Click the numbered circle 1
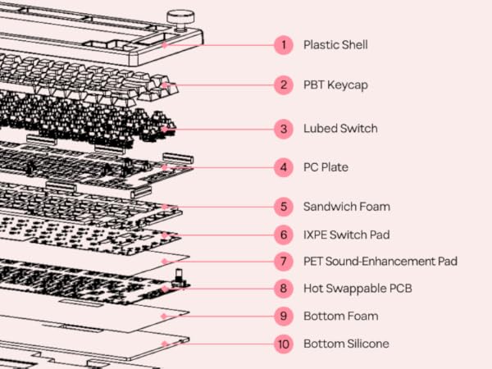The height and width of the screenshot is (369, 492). [x=284, y=44]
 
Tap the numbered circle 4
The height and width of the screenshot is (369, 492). [x=284, y=167]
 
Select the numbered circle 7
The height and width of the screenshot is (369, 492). [x=284, y=261]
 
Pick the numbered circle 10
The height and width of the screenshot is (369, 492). [x=284, y=344]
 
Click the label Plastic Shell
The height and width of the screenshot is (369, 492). [x=335, y=44]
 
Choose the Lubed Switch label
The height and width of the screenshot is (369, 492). [x=340, y=129]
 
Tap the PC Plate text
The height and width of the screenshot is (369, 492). [x=326, y=167]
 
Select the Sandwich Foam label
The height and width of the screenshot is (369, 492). [x=347, y=207]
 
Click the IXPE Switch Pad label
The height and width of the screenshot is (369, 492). [x=345, y=235]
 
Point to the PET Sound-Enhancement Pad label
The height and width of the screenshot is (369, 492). [x=380, y=261]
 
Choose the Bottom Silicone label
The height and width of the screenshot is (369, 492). [x=346, y=344]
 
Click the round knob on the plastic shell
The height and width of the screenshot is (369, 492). [x=177, y=18]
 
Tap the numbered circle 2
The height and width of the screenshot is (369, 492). [x=284, y=84]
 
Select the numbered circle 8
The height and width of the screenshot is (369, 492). [x=284, y=288]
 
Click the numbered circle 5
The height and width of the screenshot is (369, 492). [x=284, y=207]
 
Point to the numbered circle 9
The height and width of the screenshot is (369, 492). [x=284, y=316]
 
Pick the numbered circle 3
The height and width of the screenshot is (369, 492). [x=284, y=129]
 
